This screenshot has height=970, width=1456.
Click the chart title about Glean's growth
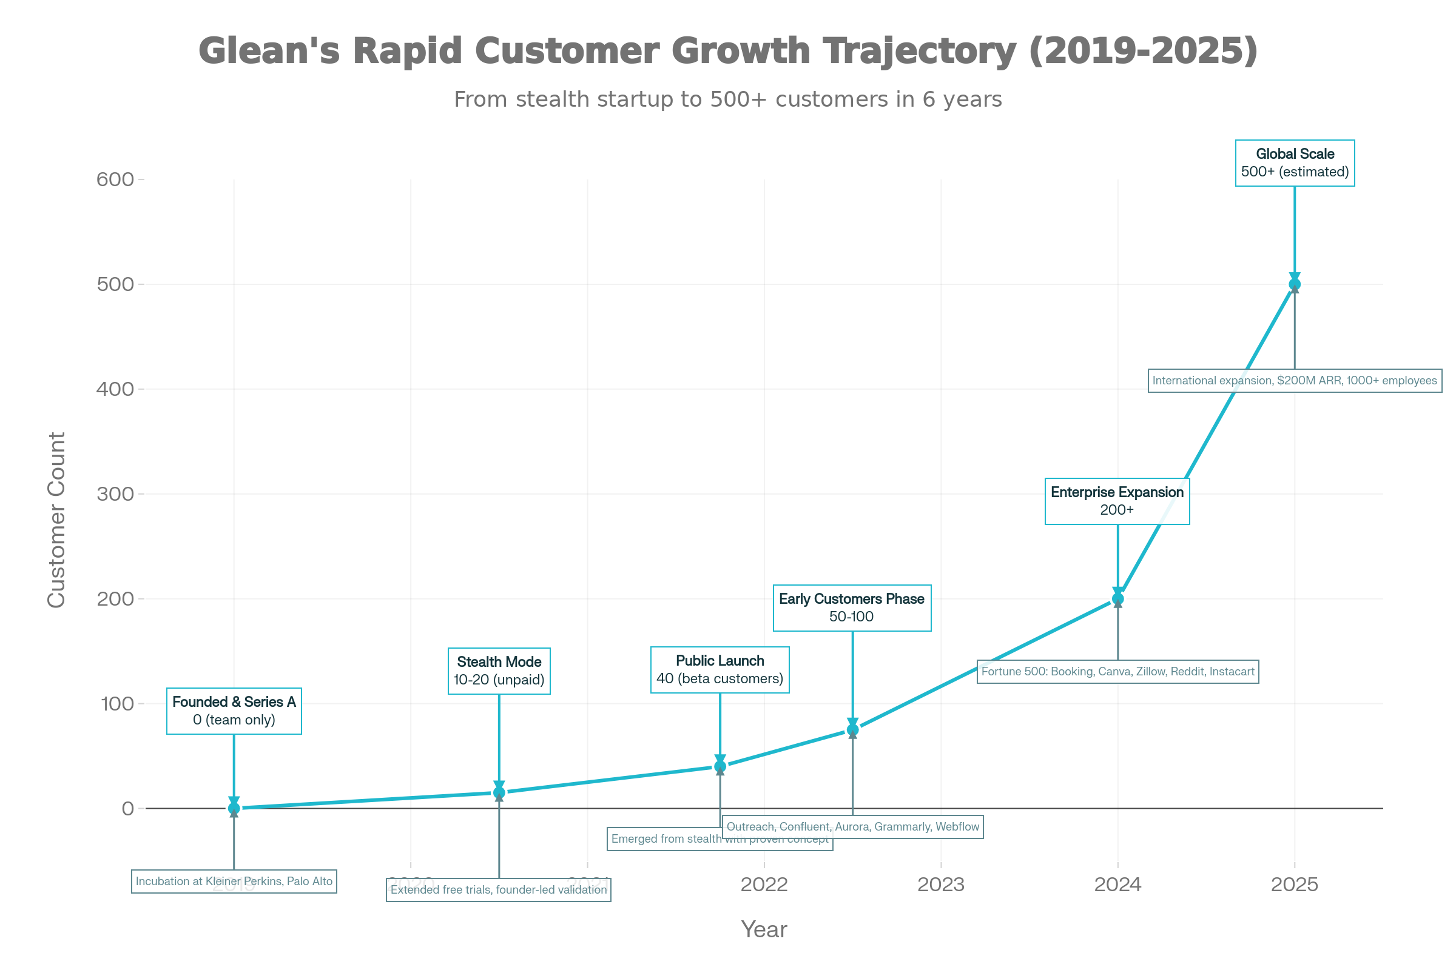727,50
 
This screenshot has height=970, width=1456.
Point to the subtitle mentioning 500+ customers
727,99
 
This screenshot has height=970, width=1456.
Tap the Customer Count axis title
56,520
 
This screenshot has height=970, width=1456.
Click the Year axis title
764,929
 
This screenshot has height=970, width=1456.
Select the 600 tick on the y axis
116,179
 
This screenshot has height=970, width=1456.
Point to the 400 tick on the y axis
116,389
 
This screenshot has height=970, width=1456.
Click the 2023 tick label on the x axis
940,885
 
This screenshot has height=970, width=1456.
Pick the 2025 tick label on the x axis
1295,885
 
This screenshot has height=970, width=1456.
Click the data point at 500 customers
1295,284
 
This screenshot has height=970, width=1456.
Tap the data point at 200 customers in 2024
1117,598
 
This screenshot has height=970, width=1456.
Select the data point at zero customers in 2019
234,808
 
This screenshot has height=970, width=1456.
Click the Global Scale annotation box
1295,162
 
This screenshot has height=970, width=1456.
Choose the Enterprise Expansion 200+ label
1117,501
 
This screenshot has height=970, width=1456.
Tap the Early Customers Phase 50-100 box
852,607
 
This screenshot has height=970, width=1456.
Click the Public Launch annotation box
720,670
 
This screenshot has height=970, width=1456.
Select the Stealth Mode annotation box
499,671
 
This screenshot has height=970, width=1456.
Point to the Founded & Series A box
234,711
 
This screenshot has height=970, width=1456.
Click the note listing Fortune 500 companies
1117,672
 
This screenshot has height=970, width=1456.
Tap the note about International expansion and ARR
1295,381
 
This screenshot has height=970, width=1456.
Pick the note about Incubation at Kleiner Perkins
234,881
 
